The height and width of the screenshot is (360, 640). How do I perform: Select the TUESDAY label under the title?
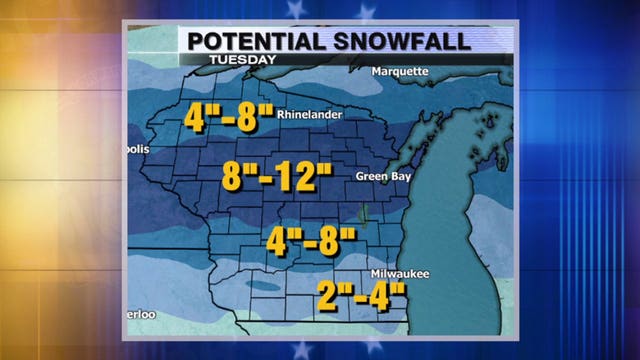(241, 60)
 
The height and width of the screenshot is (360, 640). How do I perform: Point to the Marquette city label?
(399, 72)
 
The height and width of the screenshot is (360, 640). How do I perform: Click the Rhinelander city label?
(317, 114)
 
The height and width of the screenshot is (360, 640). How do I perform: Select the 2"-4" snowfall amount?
(363, 297)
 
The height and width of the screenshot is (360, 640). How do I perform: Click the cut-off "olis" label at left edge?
(138, 150)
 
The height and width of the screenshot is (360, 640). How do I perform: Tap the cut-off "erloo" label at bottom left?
(142, 315)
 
